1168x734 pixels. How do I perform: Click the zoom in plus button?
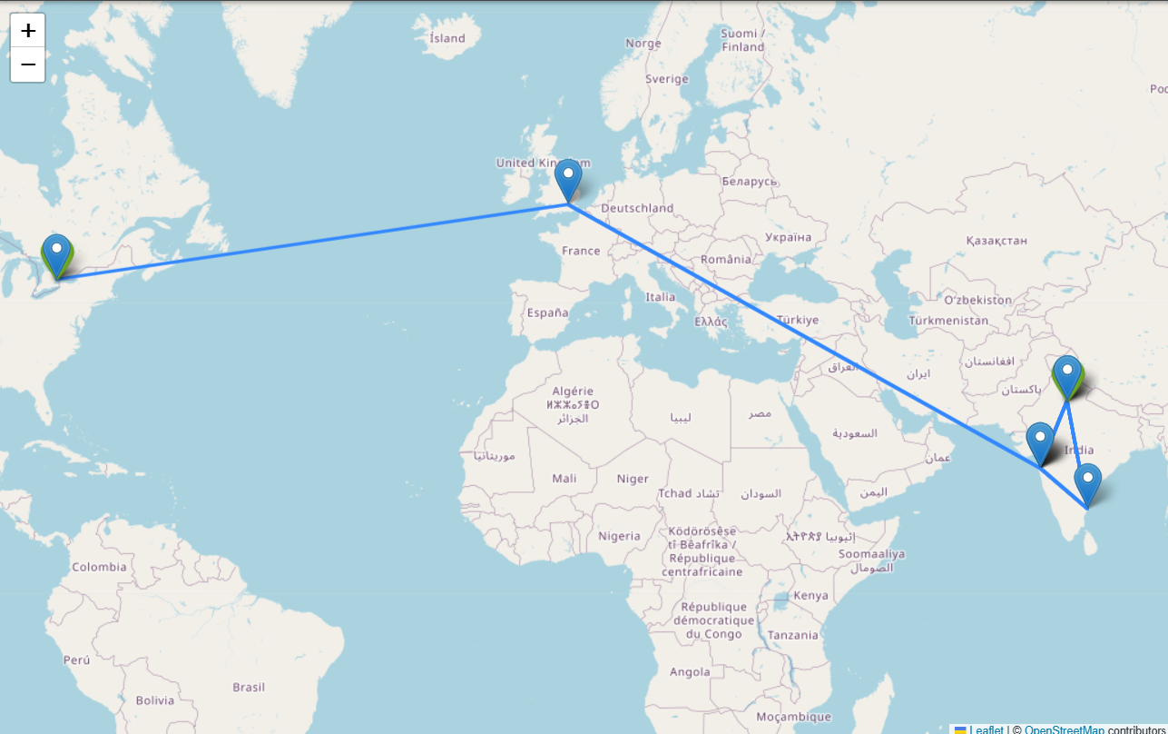pos(28,31)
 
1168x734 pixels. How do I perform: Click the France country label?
pos(581,251)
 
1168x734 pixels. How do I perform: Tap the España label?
pos(547,312)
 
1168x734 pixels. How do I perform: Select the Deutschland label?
pos(637,208)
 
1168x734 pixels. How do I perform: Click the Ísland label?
pos(447,38)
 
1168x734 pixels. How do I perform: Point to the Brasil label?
pos(249,687)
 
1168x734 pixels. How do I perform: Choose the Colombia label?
pos(100,567)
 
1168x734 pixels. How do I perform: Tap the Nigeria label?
pos(620,536)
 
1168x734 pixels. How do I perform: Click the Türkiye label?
pos(799,320)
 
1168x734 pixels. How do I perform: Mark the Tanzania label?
pos(792,635)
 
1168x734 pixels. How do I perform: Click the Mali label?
pos(564,479)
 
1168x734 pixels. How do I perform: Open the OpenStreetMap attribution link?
pos(1065,729)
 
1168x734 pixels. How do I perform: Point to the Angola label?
pos(690,672)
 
